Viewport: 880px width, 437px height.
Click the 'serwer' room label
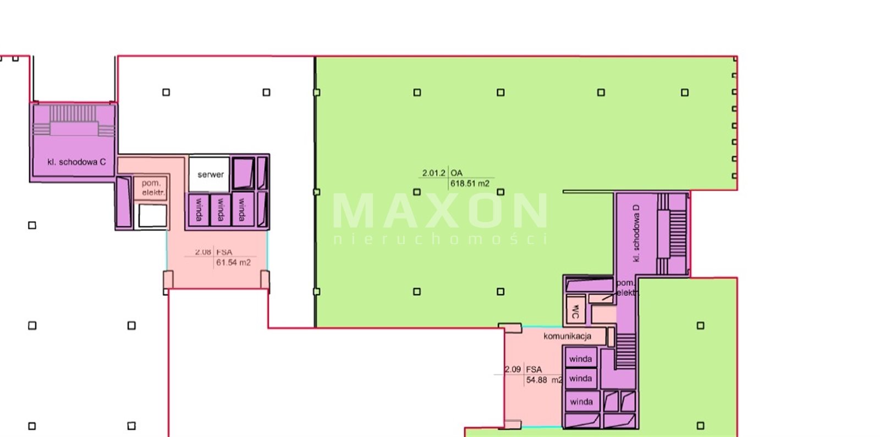point(211,175)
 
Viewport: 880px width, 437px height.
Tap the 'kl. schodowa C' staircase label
point(76,162)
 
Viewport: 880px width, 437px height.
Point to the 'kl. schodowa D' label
point(636,233)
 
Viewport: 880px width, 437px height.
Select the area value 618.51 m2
point(470,184)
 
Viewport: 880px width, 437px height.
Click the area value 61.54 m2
point(233,263)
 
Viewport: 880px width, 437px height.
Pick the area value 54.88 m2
point(544,380)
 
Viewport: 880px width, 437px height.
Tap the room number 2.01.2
point(434,173)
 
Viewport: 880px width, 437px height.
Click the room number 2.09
point(513,369)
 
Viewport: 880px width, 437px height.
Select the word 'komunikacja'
point(568,336)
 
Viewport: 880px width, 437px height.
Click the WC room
point(576,310)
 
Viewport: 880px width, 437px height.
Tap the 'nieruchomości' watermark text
point(441,239)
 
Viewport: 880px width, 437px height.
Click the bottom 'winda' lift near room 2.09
point(581,402)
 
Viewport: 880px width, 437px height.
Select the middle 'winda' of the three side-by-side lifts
point(221,209)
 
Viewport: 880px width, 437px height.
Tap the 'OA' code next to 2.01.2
point(457,173)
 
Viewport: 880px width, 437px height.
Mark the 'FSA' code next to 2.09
point(534,369)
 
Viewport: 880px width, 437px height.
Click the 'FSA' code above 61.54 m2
point(224,252)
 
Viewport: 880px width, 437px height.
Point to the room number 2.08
point(203,252)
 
